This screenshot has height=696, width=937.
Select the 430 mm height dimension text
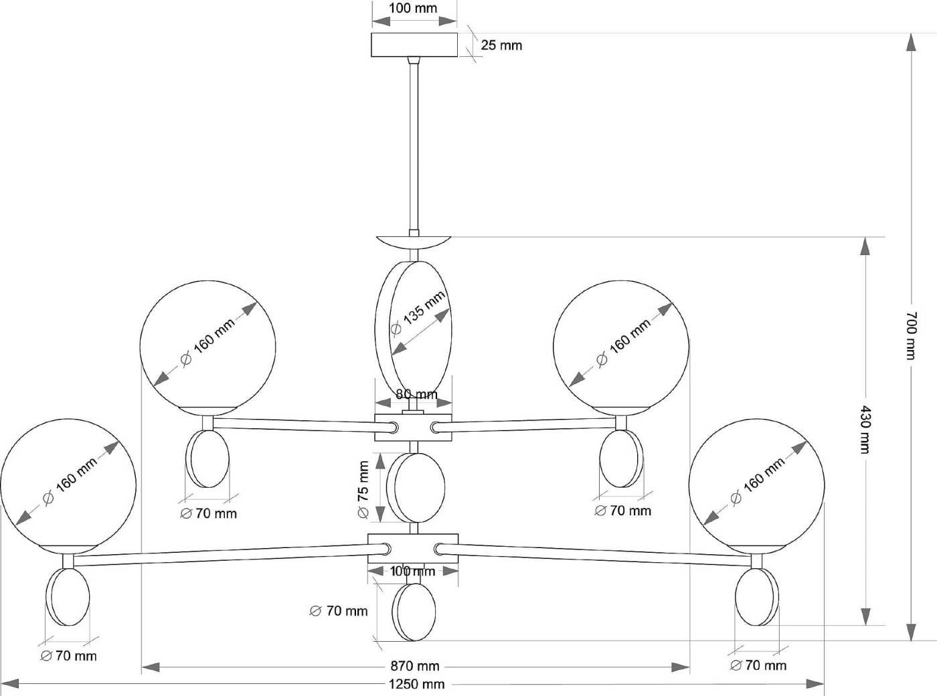[865, 429]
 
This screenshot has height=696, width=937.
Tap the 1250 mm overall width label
[415, 684]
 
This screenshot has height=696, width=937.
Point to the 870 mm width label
[415, 667]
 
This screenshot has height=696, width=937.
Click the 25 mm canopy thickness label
[501, 46]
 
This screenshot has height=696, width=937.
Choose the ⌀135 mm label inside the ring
[418, 313]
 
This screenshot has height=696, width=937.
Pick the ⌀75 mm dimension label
[363, 489]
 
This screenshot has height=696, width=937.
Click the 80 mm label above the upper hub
[416, 394]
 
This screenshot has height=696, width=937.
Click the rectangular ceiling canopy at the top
[414, 46]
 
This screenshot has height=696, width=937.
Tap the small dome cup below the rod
[414, 242]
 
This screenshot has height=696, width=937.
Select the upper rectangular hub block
[414, 427]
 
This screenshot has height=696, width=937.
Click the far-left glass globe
[68, 485]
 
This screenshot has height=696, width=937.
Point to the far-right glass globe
[756, 485]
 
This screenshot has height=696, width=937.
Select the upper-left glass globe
[207, 346]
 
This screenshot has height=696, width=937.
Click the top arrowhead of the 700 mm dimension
[910, 42]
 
